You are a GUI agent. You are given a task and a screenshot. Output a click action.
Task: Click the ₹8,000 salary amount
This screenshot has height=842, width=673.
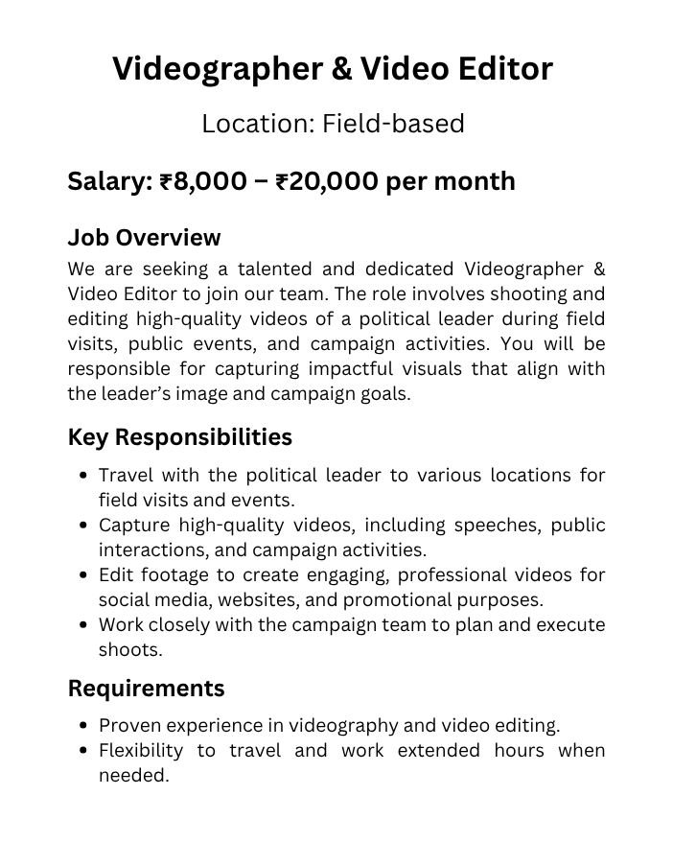point(202,181)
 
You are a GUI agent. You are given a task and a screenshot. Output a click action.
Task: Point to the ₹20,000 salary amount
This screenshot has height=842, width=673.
point(326,181)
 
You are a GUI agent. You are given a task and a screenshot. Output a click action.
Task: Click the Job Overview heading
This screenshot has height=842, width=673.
point(144,237)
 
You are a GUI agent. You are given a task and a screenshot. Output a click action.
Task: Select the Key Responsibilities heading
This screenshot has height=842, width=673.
point(179,437)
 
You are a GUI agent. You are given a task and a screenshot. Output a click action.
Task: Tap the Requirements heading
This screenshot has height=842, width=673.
point(146,688)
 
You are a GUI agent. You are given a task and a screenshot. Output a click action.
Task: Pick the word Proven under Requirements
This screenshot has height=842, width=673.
point(129,726)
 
